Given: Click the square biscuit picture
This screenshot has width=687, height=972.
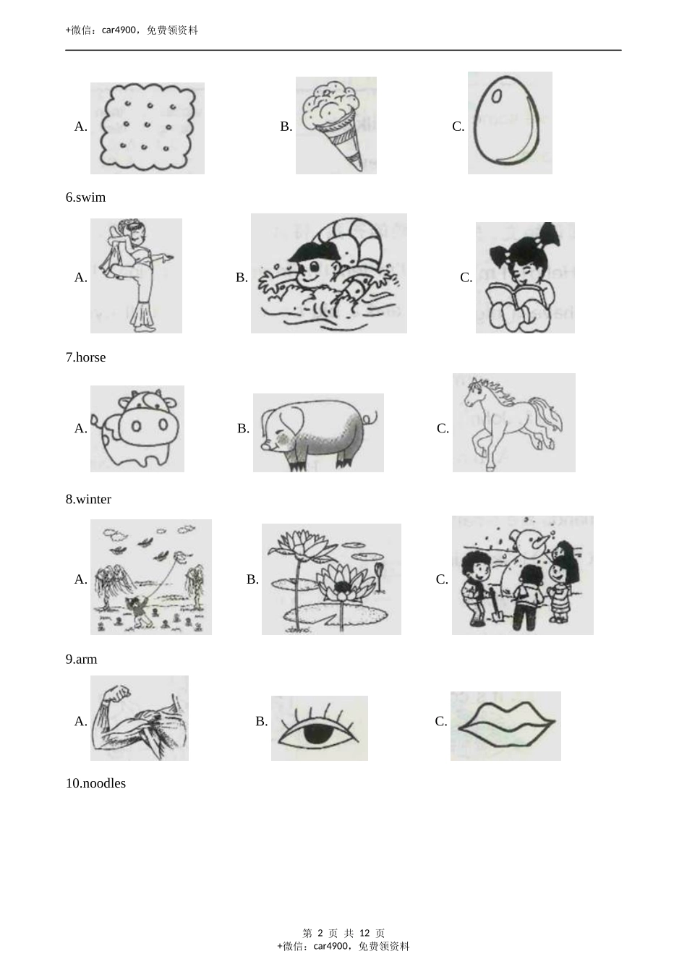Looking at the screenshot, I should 147,128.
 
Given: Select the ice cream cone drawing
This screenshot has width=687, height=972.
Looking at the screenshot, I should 336,126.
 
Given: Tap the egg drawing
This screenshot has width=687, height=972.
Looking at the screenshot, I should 509,123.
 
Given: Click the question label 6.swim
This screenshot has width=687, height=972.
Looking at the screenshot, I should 85,197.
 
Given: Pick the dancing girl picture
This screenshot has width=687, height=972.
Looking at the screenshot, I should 136,276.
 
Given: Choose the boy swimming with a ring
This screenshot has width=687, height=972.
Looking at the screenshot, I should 328,273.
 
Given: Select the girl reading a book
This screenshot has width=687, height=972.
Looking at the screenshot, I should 524,278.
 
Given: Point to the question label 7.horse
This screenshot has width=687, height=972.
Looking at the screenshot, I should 85,357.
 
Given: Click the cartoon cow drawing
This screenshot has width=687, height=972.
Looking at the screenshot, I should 137,429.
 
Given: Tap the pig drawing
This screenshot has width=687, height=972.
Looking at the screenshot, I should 318,432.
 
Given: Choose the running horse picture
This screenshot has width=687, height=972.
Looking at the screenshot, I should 513,422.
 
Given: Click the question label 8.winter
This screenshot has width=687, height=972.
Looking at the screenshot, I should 88,499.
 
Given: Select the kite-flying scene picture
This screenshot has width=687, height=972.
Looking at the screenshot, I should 150,577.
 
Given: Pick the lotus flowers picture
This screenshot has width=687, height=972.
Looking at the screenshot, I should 331,579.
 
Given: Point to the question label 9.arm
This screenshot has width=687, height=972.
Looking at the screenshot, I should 81,660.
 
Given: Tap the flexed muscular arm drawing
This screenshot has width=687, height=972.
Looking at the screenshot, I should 139,718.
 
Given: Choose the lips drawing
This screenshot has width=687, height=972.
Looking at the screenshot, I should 505,725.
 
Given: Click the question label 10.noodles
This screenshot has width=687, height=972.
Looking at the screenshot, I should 95,783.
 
